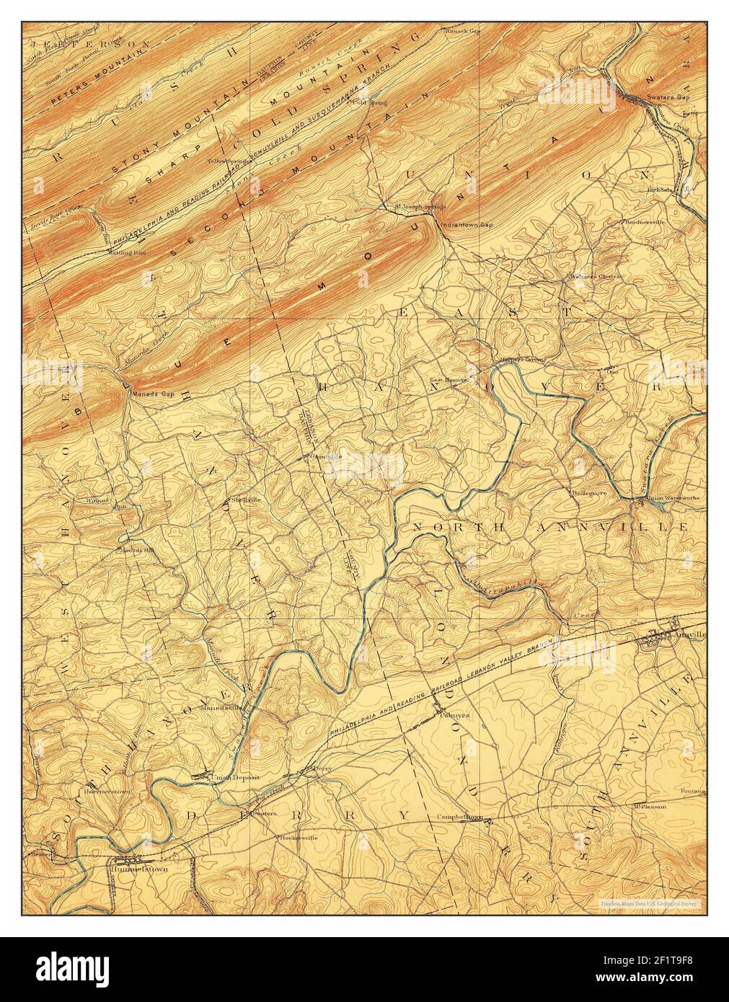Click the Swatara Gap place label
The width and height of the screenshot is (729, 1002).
coord(652,96)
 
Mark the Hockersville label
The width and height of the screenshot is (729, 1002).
coord(297,838)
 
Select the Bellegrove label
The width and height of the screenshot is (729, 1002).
coord(588,493)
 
